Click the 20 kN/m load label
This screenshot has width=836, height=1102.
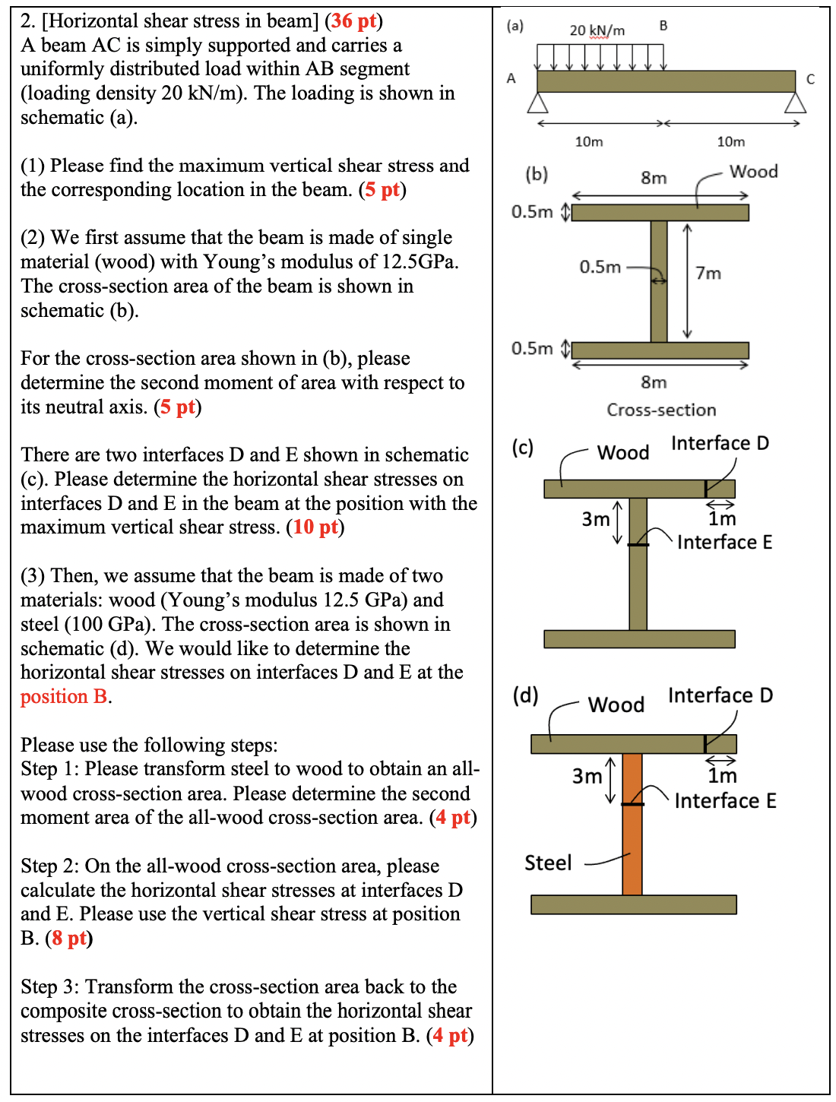point(597,30)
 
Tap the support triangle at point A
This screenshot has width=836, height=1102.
point(538,103)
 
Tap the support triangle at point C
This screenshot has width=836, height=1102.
point(795,103)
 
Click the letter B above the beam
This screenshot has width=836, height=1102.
point(663,26)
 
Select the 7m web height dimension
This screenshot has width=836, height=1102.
point(708,273)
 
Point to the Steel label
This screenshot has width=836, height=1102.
point(548,863)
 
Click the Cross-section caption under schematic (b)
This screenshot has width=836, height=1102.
point(661,410)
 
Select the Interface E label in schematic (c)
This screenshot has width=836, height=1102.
point(724,542)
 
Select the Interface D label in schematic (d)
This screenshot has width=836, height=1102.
point(720,695)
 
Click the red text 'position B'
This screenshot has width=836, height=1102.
point(64,696)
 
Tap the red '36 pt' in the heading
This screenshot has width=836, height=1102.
point(354,21)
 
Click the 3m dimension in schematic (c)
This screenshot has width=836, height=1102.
point(596,519)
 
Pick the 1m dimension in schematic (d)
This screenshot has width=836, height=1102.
point(722,775)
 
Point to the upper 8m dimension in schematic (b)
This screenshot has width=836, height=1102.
point(654,178)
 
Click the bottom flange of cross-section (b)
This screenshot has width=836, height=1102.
point(660,350)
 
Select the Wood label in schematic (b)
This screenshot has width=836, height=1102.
point(753,171)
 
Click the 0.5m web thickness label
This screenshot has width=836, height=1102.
point(600,267)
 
